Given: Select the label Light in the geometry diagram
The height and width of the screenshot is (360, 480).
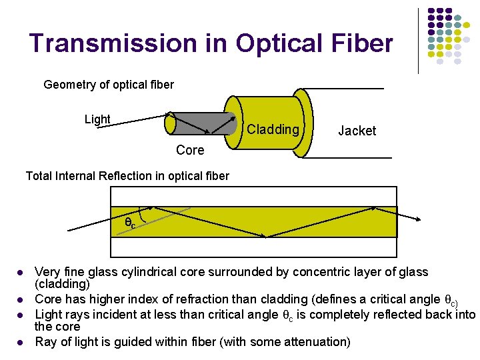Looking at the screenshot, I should coord(97,119).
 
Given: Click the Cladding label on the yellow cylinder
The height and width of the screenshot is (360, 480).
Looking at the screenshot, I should coord(273,129).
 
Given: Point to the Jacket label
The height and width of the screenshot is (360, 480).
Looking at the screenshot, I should coord(357,131).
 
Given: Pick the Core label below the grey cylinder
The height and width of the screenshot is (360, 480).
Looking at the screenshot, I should coord(190,151).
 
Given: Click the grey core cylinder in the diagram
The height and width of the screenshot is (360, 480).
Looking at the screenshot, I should coord(200,123).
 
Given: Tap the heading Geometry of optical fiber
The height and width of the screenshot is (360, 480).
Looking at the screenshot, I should coord(108,85).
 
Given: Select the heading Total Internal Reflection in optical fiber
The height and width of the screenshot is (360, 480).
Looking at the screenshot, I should coord(127,176).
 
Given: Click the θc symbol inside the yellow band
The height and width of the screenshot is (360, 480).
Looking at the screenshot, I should coord(130,223).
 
